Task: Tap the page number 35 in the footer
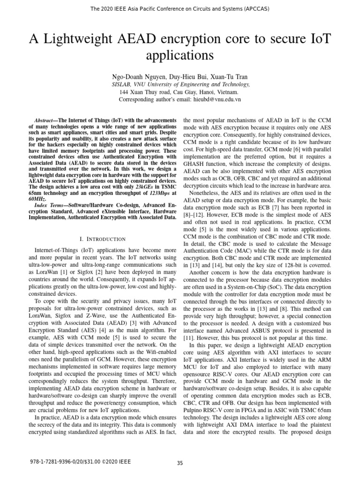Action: (180, 463)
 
